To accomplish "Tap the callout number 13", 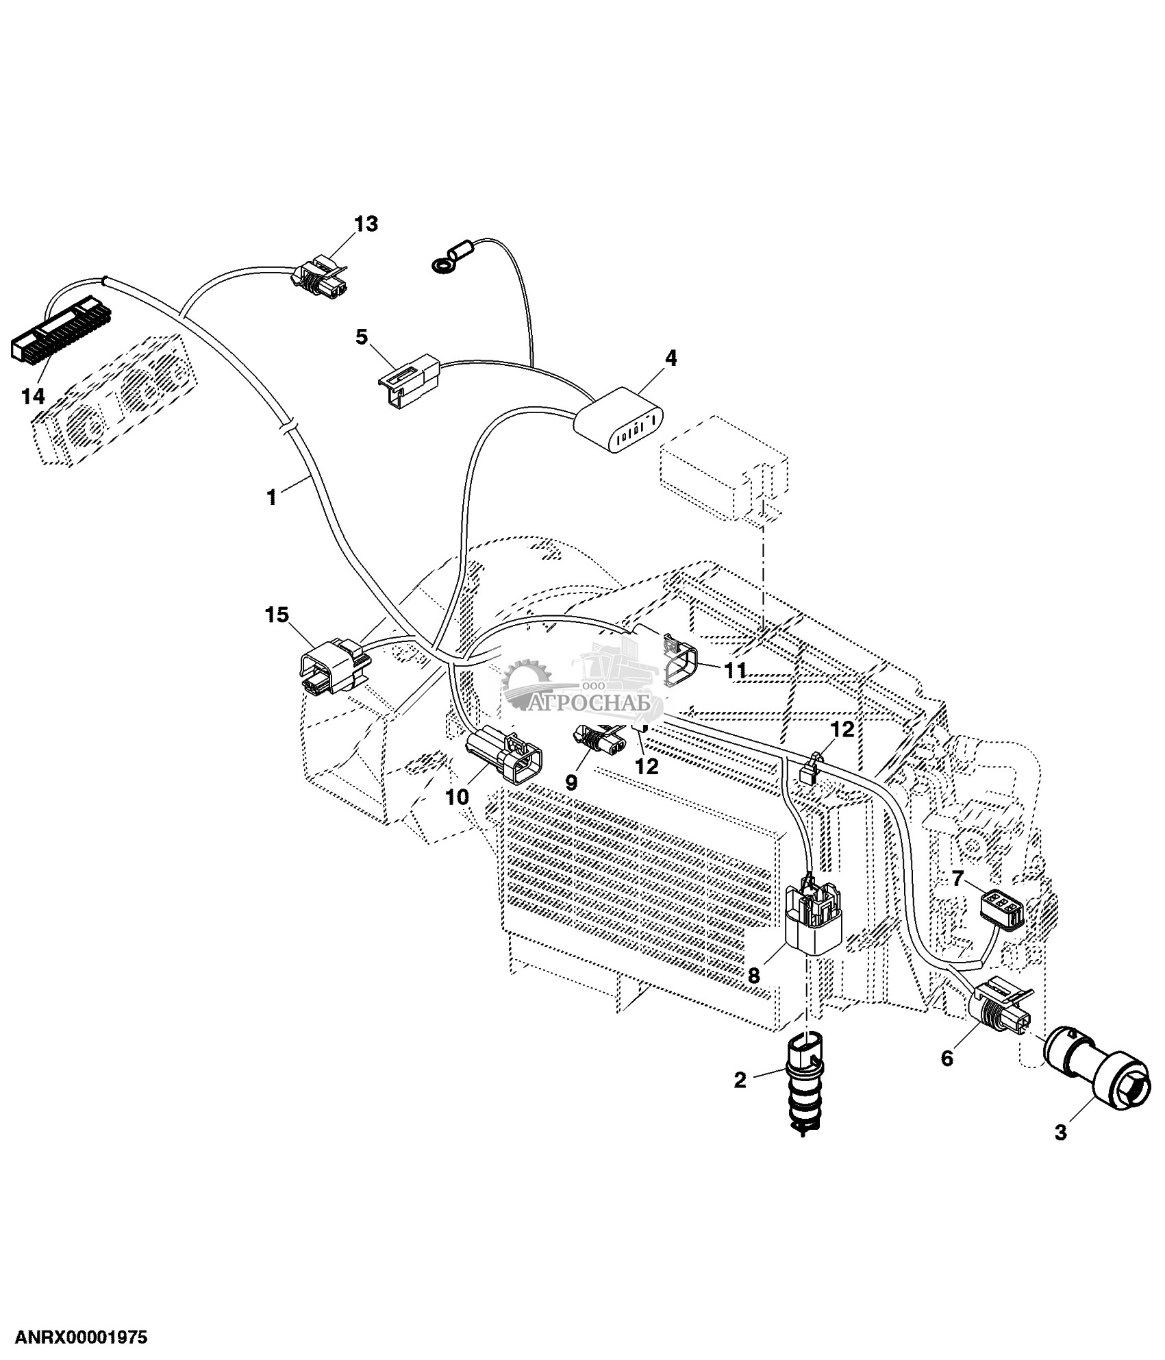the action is pos(366,224).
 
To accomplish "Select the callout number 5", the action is pos(362,336).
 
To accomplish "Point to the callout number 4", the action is pos(671,358).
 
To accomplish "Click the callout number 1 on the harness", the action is pos(272,497).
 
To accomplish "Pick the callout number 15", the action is pos(277,615).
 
